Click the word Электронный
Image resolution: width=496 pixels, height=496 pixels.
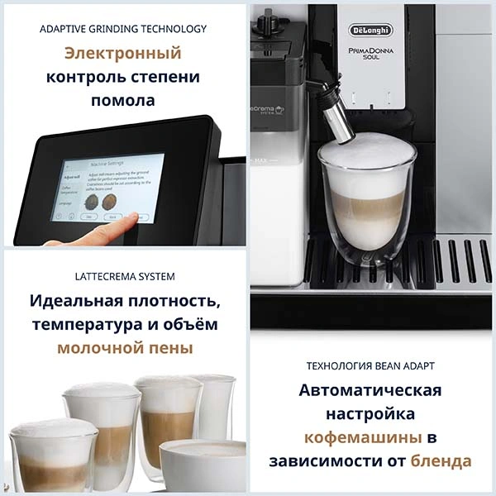(x=123, y=54)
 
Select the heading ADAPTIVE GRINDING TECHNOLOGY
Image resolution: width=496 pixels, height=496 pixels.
(x=123, y=29)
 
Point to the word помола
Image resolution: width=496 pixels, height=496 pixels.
(x=123, y=101)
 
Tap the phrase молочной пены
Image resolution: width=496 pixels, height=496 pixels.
(x=125, y=348)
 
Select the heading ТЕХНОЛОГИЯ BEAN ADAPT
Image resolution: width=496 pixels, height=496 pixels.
(x=370, y=365)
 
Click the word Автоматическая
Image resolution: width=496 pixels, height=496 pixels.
(x=370, y=389)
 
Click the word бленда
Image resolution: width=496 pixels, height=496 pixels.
(x=442, y=460)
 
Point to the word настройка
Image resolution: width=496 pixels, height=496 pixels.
(x=370, y=413)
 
